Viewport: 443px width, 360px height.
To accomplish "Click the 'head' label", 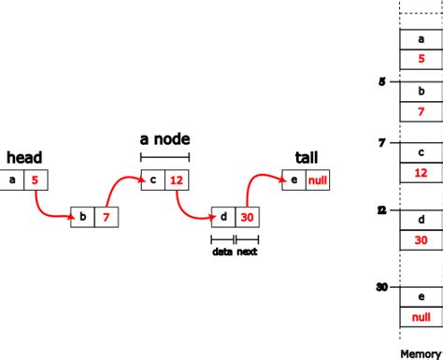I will [24, 157].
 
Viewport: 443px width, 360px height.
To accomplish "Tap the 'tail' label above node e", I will [306, 157].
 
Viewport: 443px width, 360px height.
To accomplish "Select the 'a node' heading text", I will [164, 139].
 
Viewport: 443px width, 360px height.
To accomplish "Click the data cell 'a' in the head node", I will [12, 179].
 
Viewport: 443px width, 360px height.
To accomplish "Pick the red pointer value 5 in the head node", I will [36, 179].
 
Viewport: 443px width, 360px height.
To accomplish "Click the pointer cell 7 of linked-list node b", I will [107, 218].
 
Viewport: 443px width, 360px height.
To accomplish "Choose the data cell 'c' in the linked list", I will [153, 179].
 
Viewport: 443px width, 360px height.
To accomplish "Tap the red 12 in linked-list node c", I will [178, 179].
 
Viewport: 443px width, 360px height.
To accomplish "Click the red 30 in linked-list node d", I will [247, 217].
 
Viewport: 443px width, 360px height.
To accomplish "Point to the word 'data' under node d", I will [222, 252].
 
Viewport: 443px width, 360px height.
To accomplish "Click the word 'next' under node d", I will [247, 252].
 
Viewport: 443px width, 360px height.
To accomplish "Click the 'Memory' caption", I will [420, 353].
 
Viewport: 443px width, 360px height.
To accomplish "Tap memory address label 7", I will [381, 143].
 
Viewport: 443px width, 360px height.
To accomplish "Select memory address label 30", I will [381, 287].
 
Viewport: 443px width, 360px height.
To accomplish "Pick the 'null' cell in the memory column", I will [420, 317].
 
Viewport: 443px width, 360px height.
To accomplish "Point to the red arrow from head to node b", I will [47, 210].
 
